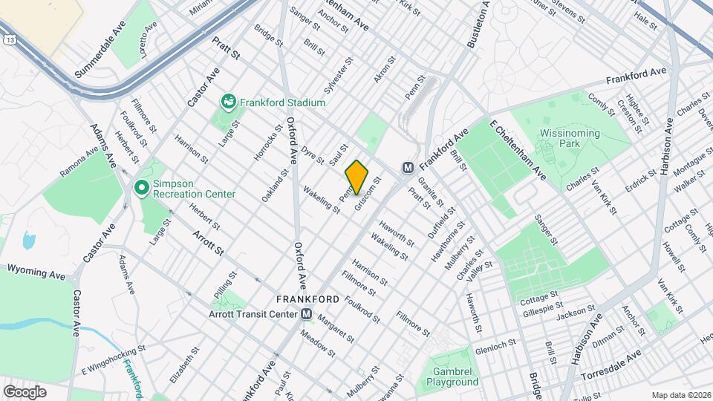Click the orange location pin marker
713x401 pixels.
(357, 177)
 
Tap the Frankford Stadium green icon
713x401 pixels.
(229, 101)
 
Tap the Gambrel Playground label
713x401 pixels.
(452, 376)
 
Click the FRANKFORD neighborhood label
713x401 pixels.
(307, 299)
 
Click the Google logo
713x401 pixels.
(24, 391)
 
